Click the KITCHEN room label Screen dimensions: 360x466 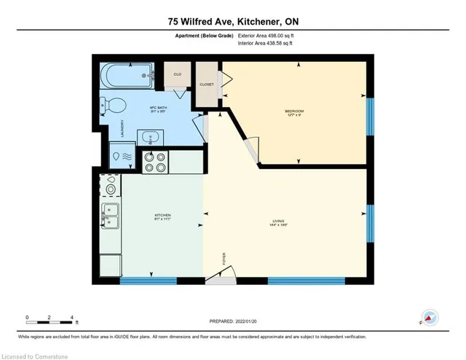click(x=162, y=216)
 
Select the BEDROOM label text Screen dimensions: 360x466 click(x=293, y=111)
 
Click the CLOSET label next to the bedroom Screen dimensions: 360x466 click(x=208, y=84)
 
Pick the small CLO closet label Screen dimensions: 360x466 click(x=177, y=74)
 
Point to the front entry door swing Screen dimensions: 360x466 click(x=222, y=275)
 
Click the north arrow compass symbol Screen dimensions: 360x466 click(x=430, y=318)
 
